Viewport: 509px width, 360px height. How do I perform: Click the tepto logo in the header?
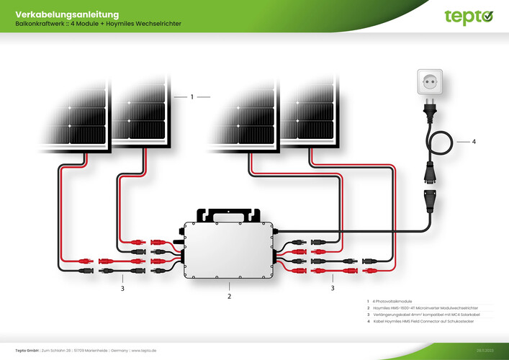tap(468, 17)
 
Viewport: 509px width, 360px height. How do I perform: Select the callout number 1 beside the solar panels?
tap(192, 96)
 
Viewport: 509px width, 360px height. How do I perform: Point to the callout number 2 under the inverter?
tap(229, 296)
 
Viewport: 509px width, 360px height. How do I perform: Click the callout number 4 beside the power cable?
tap(474, 142)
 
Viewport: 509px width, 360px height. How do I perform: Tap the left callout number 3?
tap(122, 288)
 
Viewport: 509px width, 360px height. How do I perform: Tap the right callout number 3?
tap(333, 288)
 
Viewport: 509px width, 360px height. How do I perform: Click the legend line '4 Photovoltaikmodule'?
tap(393, 300)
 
